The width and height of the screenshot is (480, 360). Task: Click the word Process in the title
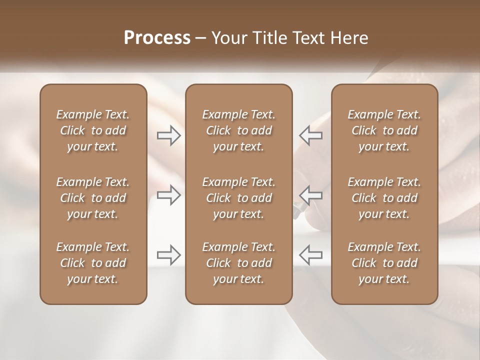click(157, 38)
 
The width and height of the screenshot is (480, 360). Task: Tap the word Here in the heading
click(349, 38)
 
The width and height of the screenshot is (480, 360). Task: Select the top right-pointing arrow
click(169, 135)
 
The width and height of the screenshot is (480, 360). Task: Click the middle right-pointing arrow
click(169, 194)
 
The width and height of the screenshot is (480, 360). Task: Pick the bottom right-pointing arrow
click(169, 254)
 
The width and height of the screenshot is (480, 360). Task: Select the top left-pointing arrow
click(311, 135)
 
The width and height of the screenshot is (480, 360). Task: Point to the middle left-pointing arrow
click(311, 194)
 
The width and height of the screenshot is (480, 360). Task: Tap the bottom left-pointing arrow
click(311, 254)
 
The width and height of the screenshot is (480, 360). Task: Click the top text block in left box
click(93, 130)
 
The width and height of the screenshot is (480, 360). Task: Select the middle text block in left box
click(93, 198)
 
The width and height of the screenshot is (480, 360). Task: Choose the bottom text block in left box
click(93, 263)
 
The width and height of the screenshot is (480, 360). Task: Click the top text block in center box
click(238, 130)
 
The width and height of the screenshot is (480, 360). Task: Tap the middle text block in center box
click(238, 198)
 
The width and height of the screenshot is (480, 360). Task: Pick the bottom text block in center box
click(238, 263)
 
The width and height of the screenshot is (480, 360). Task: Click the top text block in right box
click(384, 130)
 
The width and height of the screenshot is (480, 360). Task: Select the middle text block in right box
click(384, 198)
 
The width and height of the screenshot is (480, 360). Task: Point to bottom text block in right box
click(384, 263)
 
